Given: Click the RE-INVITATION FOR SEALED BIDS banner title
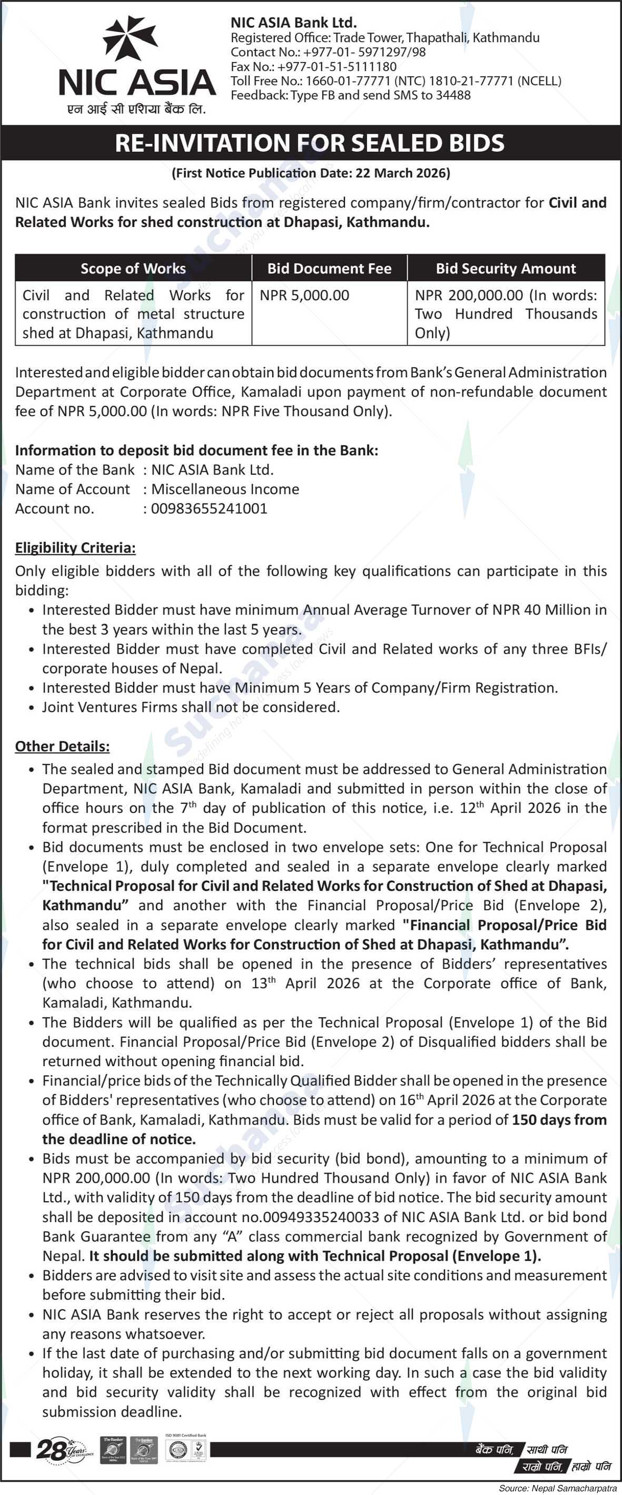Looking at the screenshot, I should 310,143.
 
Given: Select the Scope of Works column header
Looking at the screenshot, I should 133,268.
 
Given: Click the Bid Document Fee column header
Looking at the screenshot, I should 329,268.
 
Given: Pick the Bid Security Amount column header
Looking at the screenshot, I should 506,268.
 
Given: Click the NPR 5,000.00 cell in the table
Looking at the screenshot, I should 304,296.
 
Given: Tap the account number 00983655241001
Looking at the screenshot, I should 209,508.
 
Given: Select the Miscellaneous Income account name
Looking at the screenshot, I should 225,489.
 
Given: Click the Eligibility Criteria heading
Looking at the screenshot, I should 75,547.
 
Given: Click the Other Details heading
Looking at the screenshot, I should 62,746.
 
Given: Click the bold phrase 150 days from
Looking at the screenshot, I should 559,1120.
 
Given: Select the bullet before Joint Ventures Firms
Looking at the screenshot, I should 31,708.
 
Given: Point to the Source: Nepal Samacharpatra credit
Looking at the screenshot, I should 558,1488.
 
